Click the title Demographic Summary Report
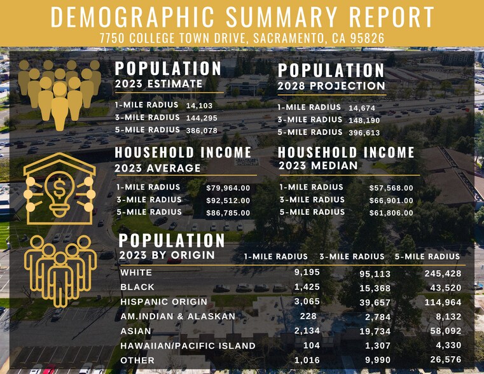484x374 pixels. tap(242, 17)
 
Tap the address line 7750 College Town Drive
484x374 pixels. tap(242, 38)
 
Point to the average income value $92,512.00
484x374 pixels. tap(228, 200)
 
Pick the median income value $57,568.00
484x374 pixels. tap(391, 188)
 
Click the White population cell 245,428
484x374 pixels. tap(443, 274)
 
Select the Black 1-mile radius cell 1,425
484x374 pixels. tap(307, 287)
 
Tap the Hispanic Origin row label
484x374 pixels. tap(163, 301)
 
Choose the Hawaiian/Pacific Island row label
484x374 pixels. tap(188, 346)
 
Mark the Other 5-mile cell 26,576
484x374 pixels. tap(443, 361)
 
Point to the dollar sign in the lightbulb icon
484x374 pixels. tap(60, 188)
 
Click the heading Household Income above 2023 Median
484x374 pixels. tap(346, 153)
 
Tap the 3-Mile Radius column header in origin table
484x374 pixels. tap(352, 257)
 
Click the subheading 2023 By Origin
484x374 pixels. tap(167, 256)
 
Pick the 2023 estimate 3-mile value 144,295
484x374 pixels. tap(201, 118)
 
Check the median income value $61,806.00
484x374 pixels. tap(391, 213)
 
